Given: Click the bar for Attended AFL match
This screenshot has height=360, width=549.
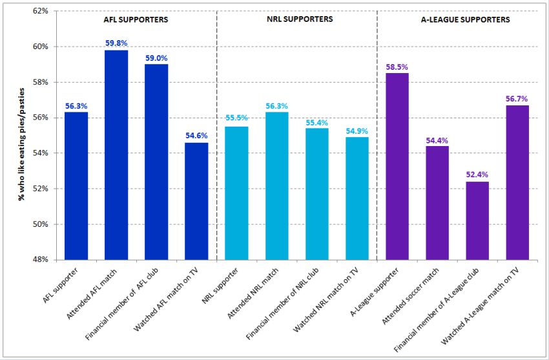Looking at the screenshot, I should coord(116,155).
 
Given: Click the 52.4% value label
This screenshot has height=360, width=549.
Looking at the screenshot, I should coord(477,175).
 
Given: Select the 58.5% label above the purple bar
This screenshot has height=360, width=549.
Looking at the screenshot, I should coord(397,67).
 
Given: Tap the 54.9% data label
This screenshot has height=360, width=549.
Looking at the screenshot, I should coord(357,131).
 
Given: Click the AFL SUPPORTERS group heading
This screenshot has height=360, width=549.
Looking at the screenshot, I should coord(136,20).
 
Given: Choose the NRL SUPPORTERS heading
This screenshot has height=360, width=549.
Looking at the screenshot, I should coord(300,19).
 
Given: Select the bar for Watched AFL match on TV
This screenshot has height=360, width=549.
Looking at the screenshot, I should coord(196,201).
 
